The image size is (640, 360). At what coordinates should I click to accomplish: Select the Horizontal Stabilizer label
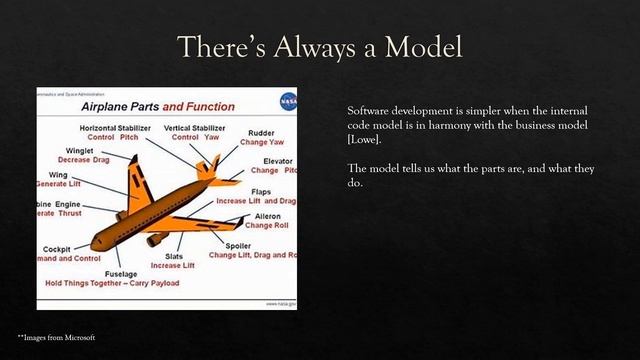tap(117, 127)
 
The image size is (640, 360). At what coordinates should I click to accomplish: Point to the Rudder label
tap(263, 132)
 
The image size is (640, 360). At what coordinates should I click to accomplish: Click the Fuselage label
tap(121, 273)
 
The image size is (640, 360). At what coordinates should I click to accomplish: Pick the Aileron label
tap(266, 216)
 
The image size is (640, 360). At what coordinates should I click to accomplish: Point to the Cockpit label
tap(56, 249)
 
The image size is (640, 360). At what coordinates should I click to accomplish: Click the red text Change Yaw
tap(263, 142)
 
